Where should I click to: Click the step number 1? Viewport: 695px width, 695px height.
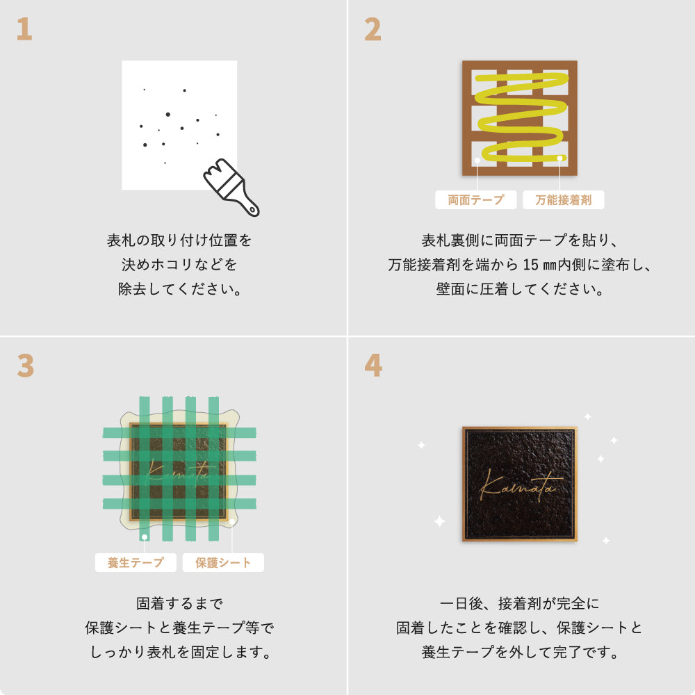tap(24, 29)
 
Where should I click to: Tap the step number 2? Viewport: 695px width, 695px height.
tap(373, 29)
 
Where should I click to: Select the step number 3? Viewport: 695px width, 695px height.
tap(25, 366)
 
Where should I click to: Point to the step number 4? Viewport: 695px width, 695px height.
tap(373, 366)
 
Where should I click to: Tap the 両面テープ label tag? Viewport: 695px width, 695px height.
tap(476, 200)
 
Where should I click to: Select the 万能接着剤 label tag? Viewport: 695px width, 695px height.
tap(563, 200)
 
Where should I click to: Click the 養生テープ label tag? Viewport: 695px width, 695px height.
tap(136, 562)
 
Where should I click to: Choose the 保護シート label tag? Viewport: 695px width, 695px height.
tap(223, 562)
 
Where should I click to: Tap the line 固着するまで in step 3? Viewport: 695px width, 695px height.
tap(179, 603)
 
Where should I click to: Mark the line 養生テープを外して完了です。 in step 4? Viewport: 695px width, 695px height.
tap(520, 653)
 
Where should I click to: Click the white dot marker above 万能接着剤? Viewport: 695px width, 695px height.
tap(560, 158)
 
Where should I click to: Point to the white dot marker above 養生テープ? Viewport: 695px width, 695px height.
tap(144, 537)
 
